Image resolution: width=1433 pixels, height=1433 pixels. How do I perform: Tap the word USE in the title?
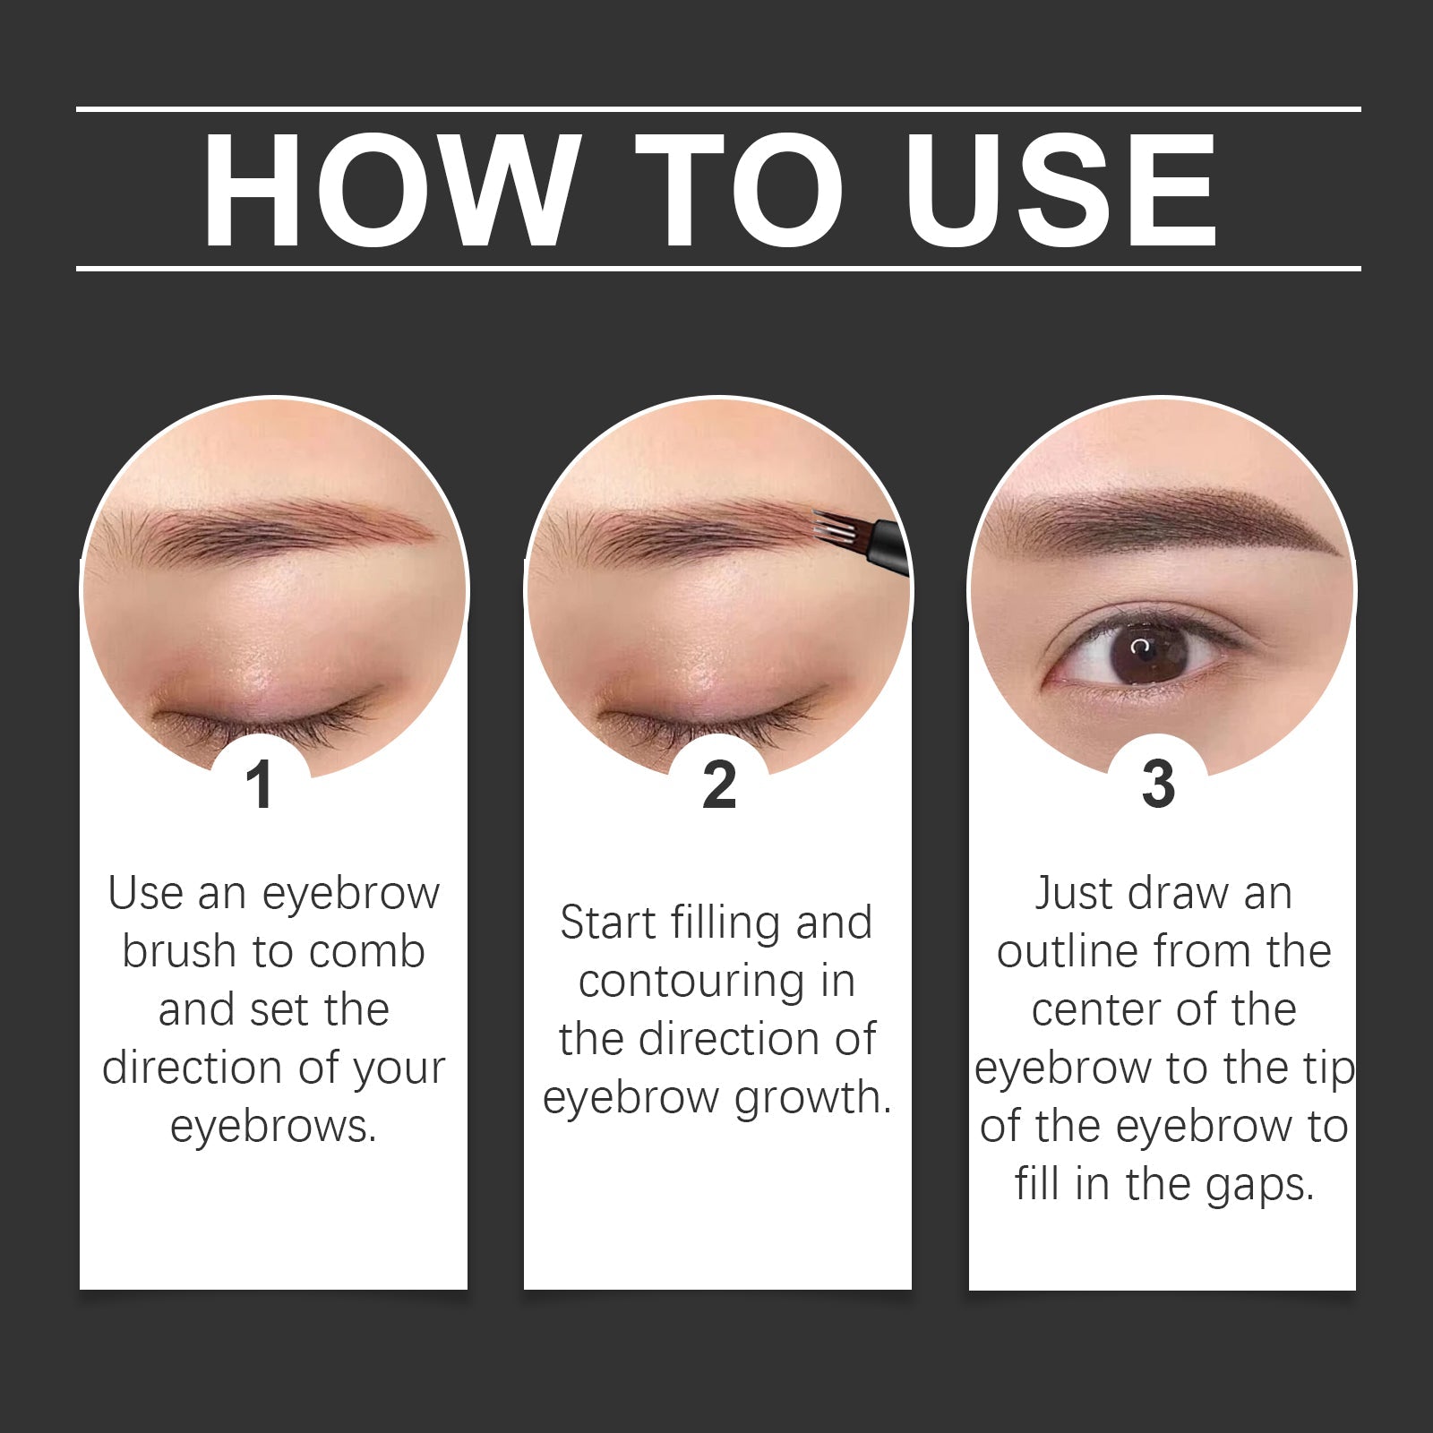[x=1060, y=190]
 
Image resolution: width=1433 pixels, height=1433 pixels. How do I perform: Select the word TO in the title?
[x=740, y=190]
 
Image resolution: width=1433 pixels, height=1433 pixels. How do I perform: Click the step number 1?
[x=260, y=785]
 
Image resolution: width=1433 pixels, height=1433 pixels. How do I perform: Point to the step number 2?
[x=718, y=785]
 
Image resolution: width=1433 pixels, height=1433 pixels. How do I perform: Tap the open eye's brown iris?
[x=1148, y=651]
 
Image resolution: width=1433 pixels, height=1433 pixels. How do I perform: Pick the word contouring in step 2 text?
[x=691, y=982]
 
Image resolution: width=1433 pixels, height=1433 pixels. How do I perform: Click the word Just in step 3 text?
[x=1073, y=894]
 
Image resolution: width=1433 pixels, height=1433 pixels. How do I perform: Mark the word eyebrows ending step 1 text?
[x=272, y=1127]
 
